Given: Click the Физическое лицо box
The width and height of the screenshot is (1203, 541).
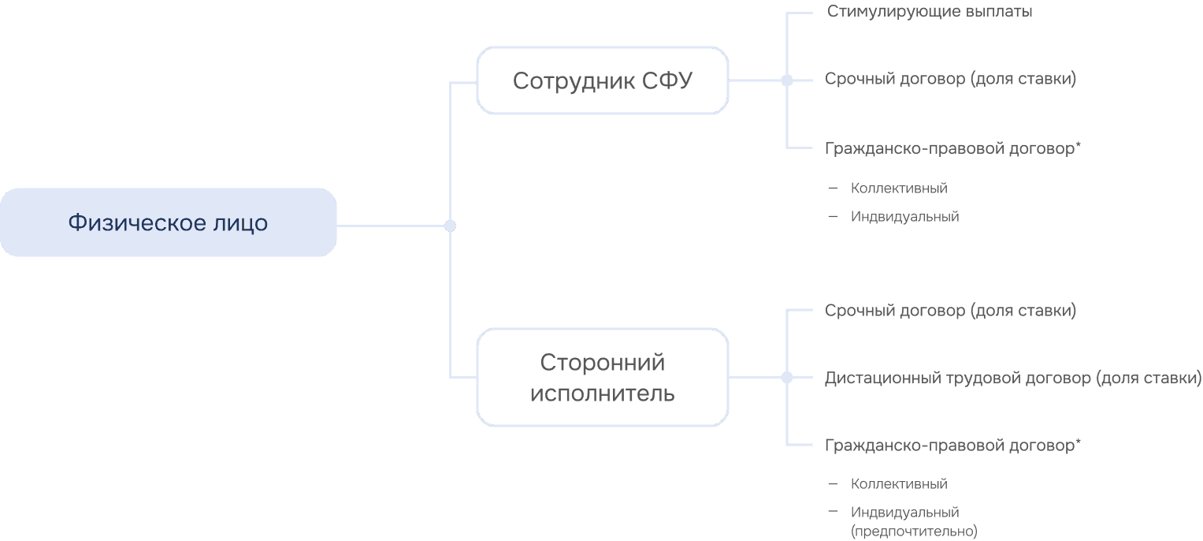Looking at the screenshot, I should coord(168,222).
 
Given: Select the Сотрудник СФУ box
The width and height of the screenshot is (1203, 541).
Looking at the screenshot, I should coord(602,80).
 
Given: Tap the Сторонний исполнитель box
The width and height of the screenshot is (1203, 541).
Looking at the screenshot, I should coord(602,378).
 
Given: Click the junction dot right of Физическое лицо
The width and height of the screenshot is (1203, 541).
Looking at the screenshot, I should coord(450,226).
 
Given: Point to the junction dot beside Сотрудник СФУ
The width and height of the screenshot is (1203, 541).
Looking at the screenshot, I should coord(786,80).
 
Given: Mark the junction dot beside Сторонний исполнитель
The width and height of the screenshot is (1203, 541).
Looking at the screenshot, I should coord(786,378).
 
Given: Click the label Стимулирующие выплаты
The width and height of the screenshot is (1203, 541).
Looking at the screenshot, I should coord(930,12).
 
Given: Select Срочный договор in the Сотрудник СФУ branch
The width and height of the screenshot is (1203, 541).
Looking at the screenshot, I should coord(950,79).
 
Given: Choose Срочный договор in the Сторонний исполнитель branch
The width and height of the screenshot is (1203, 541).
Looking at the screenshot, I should coord(950,311).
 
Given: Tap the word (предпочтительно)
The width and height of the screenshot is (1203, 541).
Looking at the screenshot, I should coord(914,531).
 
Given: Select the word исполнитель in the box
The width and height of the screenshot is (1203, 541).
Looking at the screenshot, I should coord(602,393).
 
